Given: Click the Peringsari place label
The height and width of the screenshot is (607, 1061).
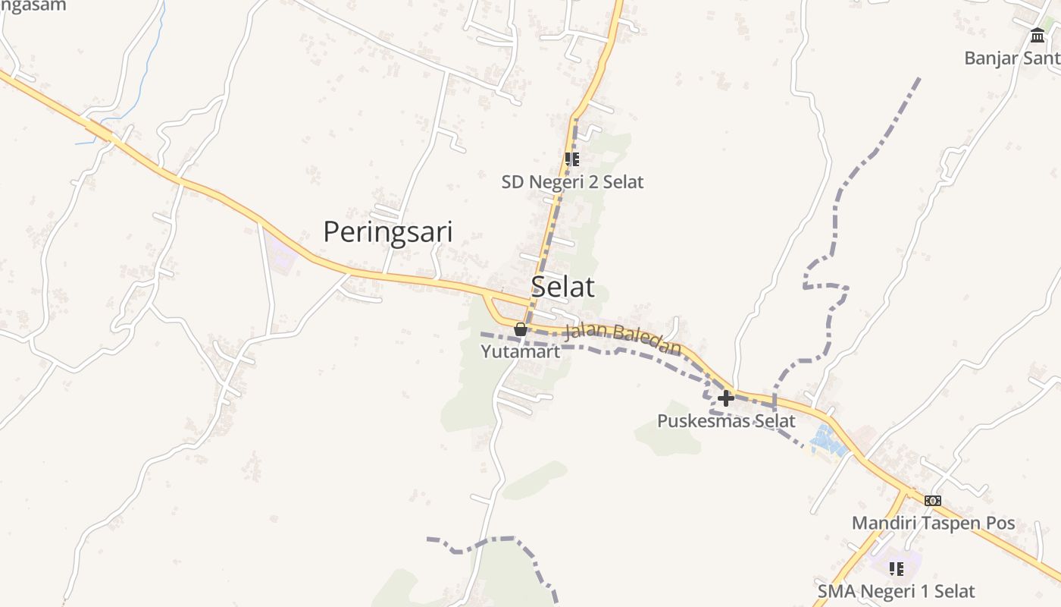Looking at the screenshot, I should [388, 232].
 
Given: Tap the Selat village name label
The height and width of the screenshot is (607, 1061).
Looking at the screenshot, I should [562, 287].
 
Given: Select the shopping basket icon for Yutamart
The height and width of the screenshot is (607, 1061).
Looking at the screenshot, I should [521, 329].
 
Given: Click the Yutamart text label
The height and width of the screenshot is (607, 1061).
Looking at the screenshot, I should [521, 352].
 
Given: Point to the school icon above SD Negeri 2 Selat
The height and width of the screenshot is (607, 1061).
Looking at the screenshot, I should [572, 159].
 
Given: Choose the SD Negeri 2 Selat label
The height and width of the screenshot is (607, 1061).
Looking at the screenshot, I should [572, 182].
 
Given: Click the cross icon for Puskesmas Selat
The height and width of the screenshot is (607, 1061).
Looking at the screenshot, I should [726, 398].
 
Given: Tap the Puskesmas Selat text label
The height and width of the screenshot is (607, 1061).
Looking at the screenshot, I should [726, 421].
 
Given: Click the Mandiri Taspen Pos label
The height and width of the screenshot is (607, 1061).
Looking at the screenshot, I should [933, 524].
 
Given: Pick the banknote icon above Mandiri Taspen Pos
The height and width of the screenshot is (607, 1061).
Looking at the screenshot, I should [933, 501].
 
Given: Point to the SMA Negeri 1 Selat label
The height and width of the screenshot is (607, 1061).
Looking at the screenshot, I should [896, 591].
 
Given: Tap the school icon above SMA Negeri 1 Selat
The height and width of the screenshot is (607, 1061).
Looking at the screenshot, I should [897, 568].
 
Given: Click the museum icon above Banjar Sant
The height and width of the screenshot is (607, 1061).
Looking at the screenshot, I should [1038, 35].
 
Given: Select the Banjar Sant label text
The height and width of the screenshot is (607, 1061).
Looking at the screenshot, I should [1012, 58].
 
